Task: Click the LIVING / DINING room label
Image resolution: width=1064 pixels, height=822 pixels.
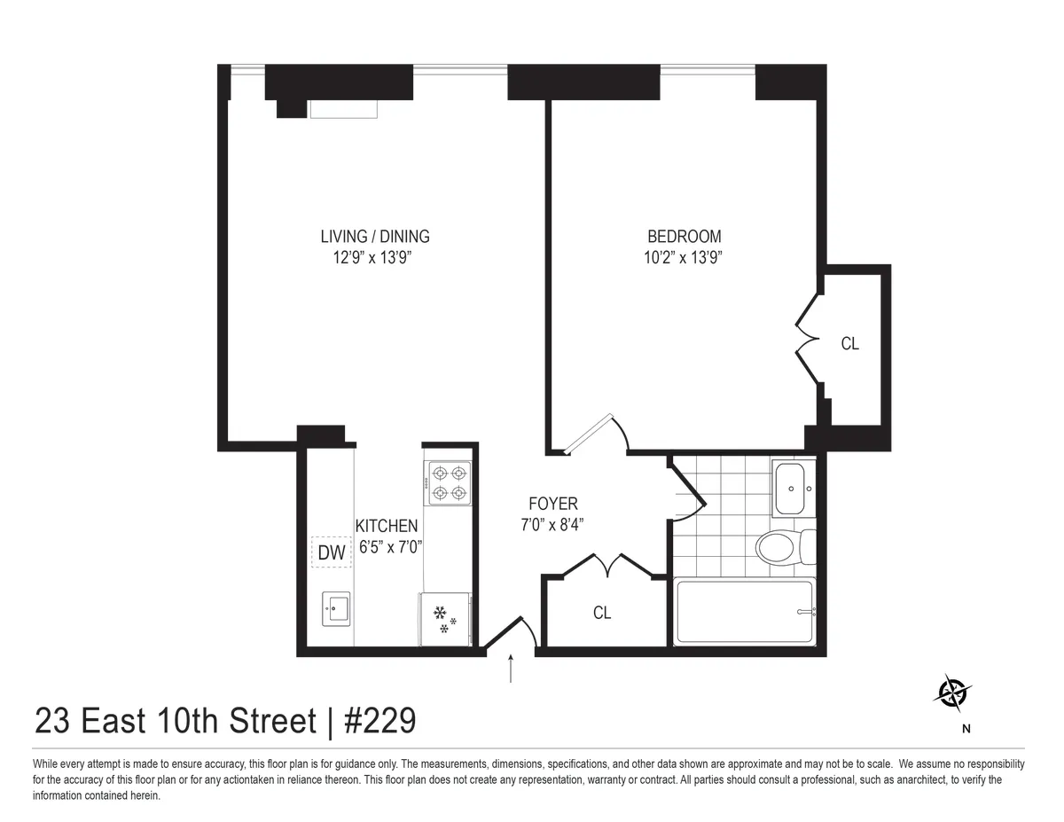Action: [x=374, y=236]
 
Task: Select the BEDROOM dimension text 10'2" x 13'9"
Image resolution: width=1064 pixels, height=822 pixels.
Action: [x=684, y=258]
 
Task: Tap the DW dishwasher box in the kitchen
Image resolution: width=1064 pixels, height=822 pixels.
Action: [x=331, y=553]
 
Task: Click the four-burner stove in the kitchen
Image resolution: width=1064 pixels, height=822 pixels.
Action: [x=449, y=483]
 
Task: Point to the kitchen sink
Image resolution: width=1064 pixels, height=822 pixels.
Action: [x=337, y=609]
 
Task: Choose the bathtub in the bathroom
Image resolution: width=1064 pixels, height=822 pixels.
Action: [x=745, y=611]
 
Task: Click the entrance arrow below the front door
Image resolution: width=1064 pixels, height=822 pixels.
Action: [x=511, y=669]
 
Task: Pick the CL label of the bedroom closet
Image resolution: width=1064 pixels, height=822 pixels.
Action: [x=849, y=343]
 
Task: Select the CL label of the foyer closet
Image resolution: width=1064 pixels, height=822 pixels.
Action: [x=602, y=613]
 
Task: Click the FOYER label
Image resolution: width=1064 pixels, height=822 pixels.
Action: [x=553, y=504]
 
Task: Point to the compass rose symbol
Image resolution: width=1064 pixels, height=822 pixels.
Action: [x=952, y=692]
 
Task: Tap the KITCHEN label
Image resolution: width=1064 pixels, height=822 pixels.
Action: [x=387, y=526]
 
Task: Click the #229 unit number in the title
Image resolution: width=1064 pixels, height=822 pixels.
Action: [x=379, y=721]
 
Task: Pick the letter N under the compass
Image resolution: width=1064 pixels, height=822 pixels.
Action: [x=966, y=730]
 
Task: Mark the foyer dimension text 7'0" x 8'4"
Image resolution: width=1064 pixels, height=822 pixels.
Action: [x=553, y=523]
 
